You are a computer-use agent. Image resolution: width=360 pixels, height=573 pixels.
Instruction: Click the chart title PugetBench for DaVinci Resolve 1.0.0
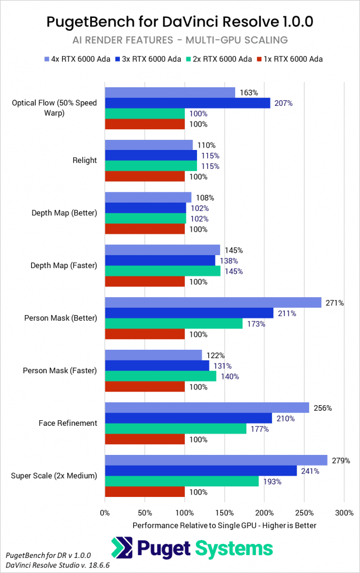tap(180, 22)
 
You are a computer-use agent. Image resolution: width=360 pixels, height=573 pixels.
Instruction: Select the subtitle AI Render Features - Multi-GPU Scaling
tap(180, 41)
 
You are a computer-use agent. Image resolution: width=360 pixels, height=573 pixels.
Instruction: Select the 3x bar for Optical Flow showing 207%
tap(188, 103)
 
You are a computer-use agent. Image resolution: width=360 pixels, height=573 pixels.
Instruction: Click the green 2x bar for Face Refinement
tap(175, 429)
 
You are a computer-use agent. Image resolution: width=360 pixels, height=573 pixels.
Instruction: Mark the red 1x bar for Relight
tap(144, 176)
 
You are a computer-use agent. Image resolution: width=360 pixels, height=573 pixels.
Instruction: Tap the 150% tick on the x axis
tap(225, 513)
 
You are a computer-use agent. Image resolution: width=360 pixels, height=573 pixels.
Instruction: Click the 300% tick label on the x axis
tap(344, 513)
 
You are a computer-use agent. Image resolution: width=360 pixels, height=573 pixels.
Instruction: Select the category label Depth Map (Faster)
tap(64, 265)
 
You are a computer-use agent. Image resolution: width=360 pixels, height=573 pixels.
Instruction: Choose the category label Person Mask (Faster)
tap(60, 370)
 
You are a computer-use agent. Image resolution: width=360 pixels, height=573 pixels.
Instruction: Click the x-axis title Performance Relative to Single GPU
tap(225, 525)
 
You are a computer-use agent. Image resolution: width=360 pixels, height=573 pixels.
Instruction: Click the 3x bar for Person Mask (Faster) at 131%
tap(157, 365)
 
